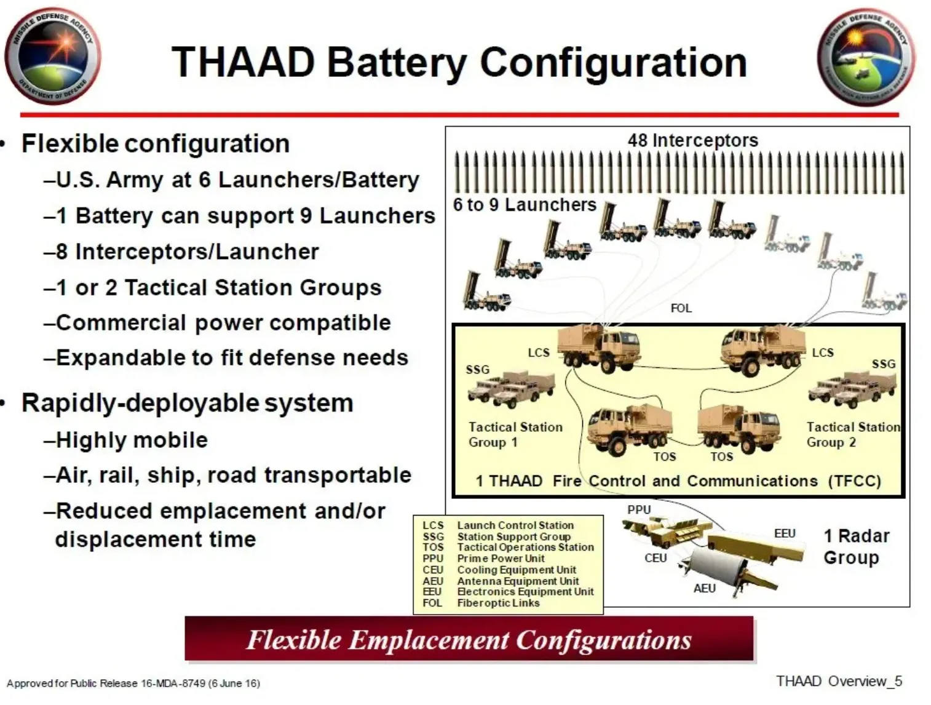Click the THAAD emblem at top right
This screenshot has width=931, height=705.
[866, 57]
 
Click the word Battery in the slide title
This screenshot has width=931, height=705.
[396, 63]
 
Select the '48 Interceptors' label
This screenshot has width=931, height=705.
[692, 140]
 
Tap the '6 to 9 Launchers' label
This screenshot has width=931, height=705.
[525, 205]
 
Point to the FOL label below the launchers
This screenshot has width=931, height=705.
[681, 308]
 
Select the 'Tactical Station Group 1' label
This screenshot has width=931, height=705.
[515, 434]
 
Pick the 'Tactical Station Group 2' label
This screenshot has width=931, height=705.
[852, 434]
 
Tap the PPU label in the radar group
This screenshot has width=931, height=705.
[639, 509]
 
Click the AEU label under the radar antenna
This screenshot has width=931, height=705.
[704, 588]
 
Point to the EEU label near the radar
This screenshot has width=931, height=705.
[785, 533]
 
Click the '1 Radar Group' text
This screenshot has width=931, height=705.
[856, 546]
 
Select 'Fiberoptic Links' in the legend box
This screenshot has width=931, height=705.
[498, 603]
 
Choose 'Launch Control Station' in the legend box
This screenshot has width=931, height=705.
[515, 525]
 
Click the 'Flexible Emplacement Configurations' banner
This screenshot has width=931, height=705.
[469, 640]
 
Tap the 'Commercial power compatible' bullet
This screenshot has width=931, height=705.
[223, 323]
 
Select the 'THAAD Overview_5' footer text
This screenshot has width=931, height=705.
[839, 681]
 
